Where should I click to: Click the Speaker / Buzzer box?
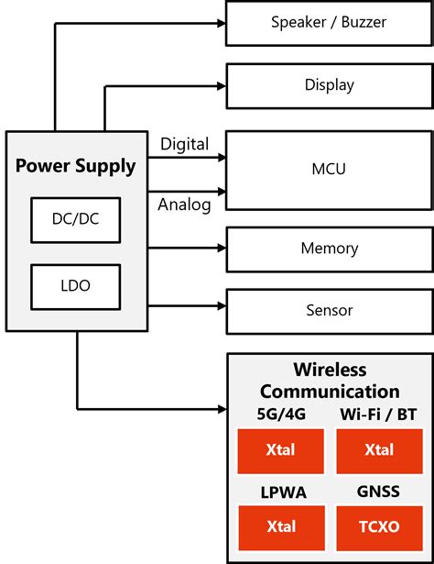[x=329, y=23]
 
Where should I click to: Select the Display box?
[x=329, y=85]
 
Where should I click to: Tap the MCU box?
[x=329, y=170]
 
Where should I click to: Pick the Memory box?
[x=329, y=249]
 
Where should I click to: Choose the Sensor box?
[x=329, y=311]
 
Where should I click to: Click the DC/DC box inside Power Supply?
[x=75, y=221]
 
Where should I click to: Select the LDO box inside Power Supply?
[x=75, y=287]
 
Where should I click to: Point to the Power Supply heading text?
[x=76, y=167]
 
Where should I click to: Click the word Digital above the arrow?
[x=184, y=144]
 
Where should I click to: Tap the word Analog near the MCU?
[x=184, y=204]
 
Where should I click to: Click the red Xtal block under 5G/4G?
[x=281, y=450]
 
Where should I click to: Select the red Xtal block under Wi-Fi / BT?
[x=379, y=450]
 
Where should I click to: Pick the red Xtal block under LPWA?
[x=281, y=526]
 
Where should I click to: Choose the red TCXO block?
[x=379, y=526]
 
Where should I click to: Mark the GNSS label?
[x=379, y=492]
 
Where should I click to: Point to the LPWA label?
[x=281, y=492]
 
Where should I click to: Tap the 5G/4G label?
[x=281, y=414]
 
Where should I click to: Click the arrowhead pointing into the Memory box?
[x=221, y=248]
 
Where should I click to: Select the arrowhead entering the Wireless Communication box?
[x=221, y=407]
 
